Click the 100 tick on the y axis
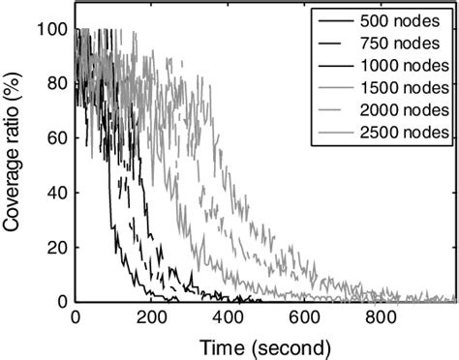click(x=54, y=30)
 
